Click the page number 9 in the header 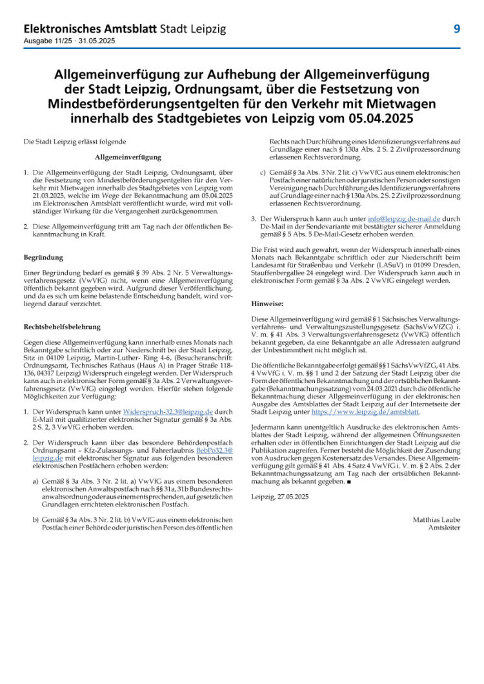[x=456, y=29]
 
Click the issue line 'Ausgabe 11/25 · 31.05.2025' [x=69, y=41]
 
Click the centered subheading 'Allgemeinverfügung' [x=128, y=157]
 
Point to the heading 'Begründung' [x=43, y=256]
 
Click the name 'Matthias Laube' [x=436, y=519]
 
